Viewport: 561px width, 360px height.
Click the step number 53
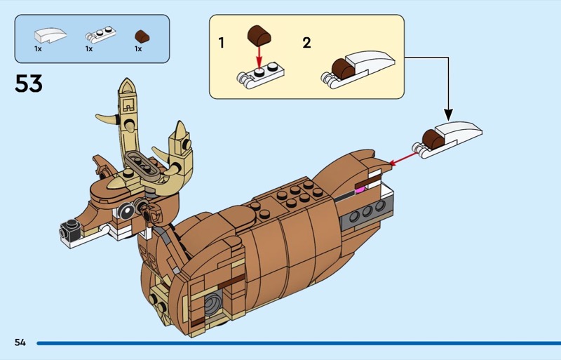(x=29, y=84)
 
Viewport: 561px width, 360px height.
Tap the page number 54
(x=20, y=342)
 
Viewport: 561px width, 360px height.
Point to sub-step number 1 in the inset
(x=222, y=44)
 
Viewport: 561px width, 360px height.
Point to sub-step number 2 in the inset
(x=306, y=44)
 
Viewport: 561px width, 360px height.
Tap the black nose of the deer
(x=69, y=228)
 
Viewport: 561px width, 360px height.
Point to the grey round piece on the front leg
(x=212, y=302)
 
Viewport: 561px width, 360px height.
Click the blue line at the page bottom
(x=295, y=343)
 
